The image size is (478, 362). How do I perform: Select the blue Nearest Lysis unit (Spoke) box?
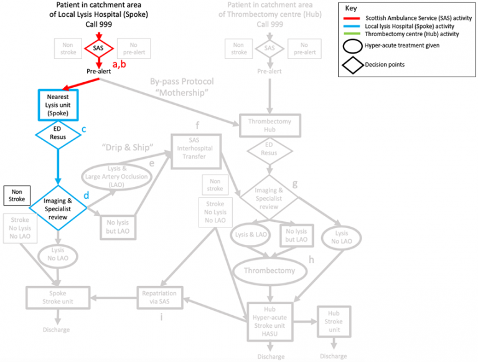[57, 103]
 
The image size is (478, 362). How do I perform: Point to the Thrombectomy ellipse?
[269, 270]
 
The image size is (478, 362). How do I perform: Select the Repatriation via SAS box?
[159, 297]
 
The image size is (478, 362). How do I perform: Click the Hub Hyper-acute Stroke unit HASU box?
[269, 321]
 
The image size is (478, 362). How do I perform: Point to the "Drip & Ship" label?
[128, 148]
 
